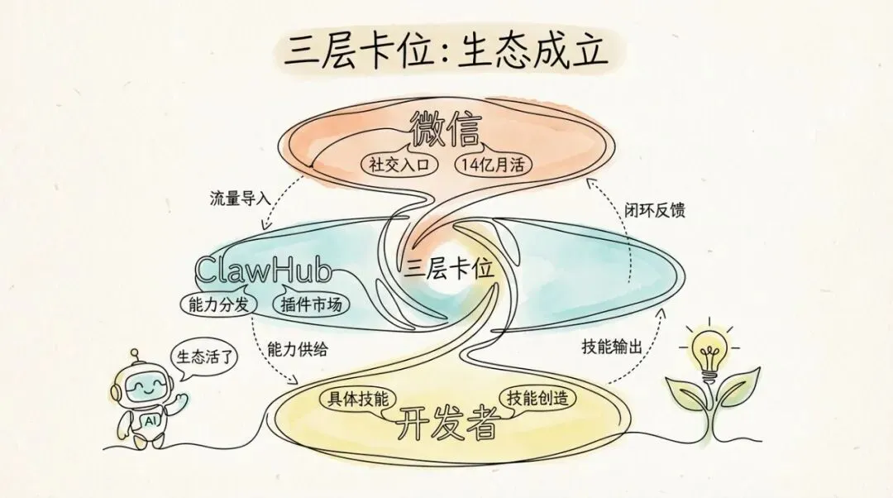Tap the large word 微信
click(447, 130)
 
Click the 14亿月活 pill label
click(494, 163)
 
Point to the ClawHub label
click(263, 271)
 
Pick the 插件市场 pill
click(311, 304)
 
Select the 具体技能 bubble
click(355, 398)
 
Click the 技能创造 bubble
click(537, 398)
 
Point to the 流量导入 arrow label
click(238, 199)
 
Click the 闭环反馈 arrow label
click(657, 210)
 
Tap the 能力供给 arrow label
click(298, 349)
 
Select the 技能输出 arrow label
click(611, 348)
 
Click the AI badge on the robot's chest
click(152, 419)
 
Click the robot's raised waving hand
click(179, 401)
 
